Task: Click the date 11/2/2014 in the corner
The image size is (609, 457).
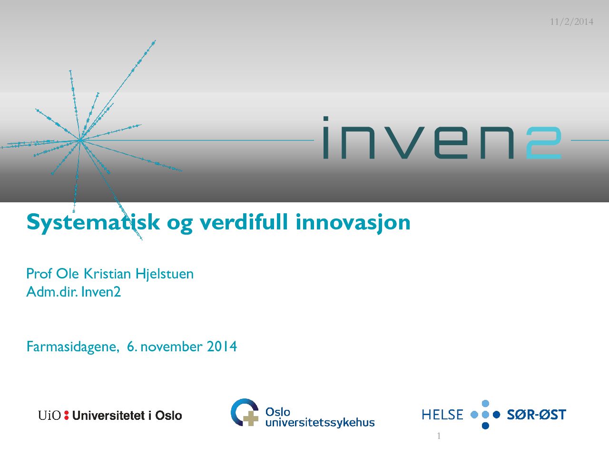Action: pos(571,21)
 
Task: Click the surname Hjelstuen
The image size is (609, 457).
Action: pos(165,274)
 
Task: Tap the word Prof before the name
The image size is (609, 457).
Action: pos(39,273)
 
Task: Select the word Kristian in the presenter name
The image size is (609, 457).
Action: pos(108,274)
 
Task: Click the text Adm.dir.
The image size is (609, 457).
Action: pos(52,292)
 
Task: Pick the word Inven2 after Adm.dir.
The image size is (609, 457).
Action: pos(101,292)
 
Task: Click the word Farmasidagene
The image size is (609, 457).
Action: pos(73,347)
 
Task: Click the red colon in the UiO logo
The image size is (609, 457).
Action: pos(66,416)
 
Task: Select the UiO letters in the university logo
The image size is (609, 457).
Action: pos(49,416)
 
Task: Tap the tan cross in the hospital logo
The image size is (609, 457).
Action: pos(251,418)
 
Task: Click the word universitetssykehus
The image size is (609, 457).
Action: pos(320,423)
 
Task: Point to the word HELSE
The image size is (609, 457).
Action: pos(442,415)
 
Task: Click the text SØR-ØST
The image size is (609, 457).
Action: pos(536,415)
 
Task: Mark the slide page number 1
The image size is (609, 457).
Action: pos(439,436)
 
